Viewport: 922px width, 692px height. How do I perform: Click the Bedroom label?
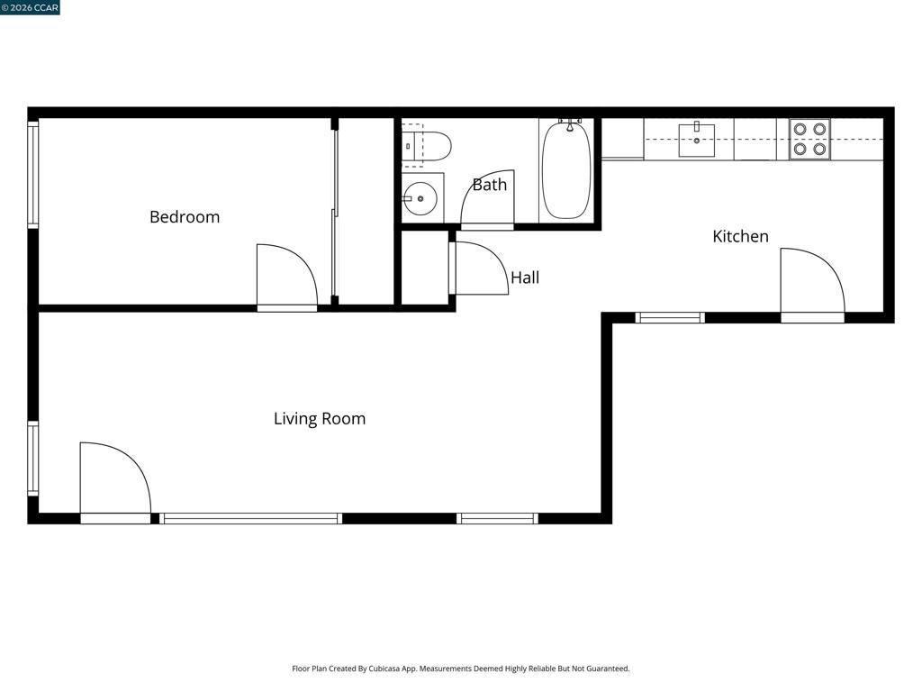(185, 217)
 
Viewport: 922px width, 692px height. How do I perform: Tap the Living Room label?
(320, 418)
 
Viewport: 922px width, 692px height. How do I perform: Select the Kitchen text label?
(740, 236)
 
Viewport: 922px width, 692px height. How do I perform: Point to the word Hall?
(525, 278)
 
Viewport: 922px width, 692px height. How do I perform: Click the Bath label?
(489, 185)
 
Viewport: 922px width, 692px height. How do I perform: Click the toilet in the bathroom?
(426, 145)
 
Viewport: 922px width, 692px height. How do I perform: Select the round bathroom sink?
(420, 198)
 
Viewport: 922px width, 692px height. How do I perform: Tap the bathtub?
(565, 170)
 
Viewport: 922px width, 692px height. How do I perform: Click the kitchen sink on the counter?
(697, 140)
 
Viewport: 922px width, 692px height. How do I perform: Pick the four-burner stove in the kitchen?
(809, 139)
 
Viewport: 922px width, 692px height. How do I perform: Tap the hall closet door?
(479, 269)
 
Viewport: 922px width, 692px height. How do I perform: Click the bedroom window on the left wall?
(33, 174)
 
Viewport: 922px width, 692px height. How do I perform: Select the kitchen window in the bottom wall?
(670, 318)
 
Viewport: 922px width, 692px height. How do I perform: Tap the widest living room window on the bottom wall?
(250, 518)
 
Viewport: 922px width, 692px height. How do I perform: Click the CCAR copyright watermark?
(30, 7)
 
